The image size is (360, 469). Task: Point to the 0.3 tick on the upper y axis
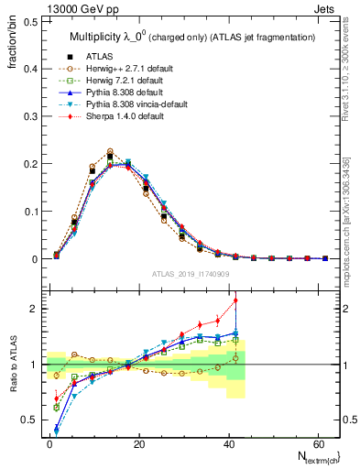27,116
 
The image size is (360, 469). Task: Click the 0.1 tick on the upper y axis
27,212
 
